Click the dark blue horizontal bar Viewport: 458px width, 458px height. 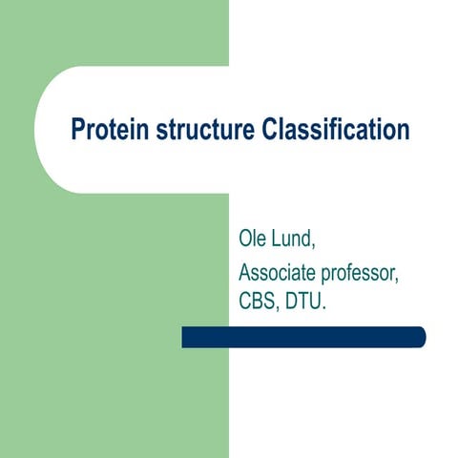(x=303, y=337)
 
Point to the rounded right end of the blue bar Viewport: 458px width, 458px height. (x=420, y=337)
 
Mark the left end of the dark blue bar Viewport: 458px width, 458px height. (x=186, y=337)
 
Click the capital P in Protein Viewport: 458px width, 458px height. (x=78, y=131)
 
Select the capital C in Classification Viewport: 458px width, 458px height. (x=269, y=131)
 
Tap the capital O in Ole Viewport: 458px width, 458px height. (x=245, y=236)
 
